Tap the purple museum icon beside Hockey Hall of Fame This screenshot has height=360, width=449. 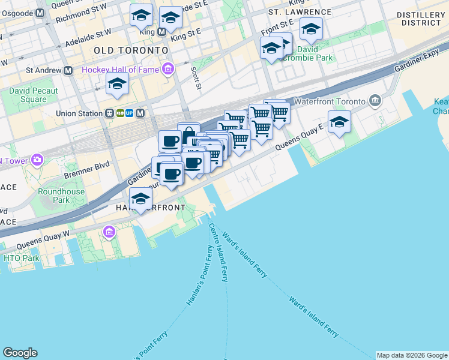pyautogui.click(x=168, y=70)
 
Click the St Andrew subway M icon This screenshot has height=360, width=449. pyautogui.click(x=68, y=70)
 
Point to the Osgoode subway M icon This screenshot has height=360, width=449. pyautogui.click(x=40, y=13)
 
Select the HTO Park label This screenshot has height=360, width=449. pyautogui.click(x=21, y=258)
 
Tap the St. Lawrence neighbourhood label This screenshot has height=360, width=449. pyautogui.click(x=300, y=12)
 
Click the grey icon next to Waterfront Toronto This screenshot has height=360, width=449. pyautogui.click(x=376, y=99)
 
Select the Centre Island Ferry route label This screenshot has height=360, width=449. pyautogui.click(x=218, y=252)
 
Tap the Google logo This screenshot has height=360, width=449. pyautogui.click(x=20, y=353)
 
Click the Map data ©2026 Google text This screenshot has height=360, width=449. pyautogui.click(x=412, y=355)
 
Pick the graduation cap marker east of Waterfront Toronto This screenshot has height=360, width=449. pyautogui.click(x=339, y=122)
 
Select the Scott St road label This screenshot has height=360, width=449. pyautogui.click(x=195, y=77)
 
